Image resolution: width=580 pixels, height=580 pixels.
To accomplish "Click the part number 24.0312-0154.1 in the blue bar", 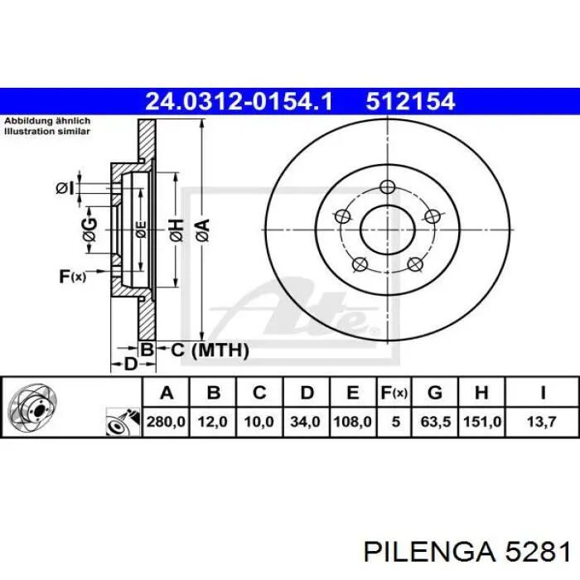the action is [239, 101].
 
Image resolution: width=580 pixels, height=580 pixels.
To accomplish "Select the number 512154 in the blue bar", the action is [410, 101].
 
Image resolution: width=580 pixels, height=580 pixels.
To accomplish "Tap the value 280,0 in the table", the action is [166, 422].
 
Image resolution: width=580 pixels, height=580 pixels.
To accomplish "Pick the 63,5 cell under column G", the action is [436, 422].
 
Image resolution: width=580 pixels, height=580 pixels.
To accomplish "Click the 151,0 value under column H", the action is [482, 422].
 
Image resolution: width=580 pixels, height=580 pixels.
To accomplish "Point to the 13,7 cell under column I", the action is [542, 422].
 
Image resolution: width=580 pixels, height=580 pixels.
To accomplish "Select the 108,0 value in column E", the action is [352, 422].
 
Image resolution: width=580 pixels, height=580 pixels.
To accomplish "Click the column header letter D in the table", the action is [307, 393].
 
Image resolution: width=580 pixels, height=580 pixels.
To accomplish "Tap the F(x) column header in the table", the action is [394, 393].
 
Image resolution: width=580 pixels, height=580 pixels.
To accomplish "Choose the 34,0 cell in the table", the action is [305, 422].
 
